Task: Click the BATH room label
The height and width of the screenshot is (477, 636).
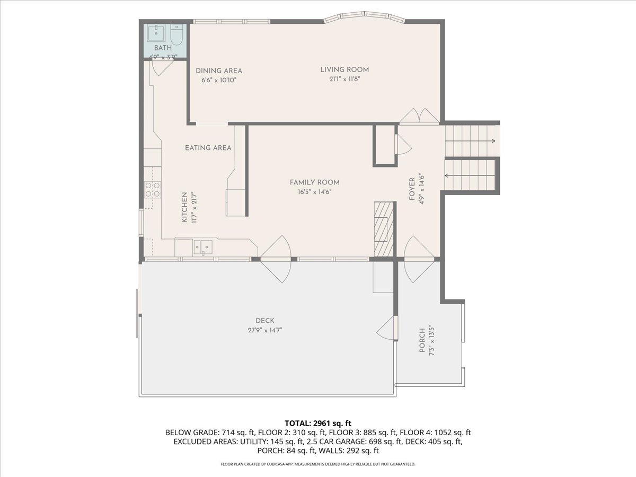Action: pos(163,48)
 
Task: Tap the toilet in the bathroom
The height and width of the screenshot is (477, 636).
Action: pos(176,35)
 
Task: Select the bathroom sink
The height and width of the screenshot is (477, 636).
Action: pos(157,33)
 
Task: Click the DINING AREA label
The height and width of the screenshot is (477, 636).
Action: pos(218,70)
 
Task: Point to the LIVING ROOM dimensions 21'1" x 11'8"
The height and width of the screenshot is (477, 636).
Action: pos(344,79)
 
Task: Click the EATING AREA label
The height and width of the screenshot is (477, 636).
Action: pos(208,148)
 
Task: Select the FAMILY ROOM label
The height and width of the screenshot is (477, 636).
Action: pos(314,182)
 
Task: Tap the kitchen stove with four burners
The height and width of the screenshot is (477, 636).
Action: pos(153,189)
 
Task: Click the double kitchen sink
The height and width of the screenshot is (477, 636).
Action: pos(202,246)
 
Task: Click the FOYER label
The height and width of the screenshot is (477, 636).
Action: pos(412,188)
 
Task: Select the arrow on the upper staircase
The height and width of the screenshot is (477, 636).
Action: pos(493,141)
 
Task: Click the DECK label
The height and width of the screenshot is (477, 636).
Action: pos(264,320)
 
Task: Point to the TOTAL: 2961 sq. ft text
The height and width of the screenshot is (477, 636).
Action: pos(318,423)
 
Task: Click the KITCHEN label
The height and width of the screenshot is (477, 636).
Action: pos(184,207)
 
